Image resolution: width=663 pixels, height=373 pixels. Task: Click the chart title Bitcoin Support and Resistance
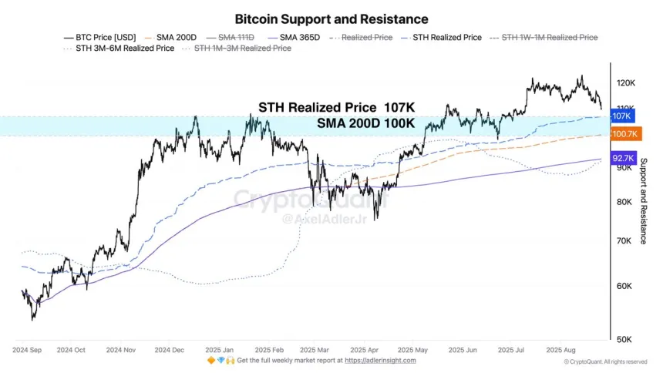(331, 18)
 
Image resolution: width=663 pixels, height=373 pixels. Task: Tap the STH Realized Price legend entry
(446, 37)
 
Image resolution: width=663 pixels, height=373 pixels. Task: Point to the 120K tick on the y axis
(625, 83)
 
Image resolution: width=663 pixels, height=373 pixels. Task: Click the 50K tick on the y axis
(625, 339)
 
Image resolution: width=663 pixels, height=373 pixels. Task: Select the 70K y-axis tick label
(625, 241)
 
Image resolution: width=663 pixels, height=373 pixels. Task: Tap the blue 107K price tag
(621, 116)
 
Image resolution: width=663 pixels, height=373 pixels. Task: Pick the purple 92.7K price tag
(622, 158)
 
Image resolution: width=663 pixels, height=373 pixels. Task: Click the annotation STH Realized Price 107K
(336, 108)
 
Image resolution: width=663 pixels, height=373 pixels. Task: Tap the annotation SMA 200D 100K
(365, 123)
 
